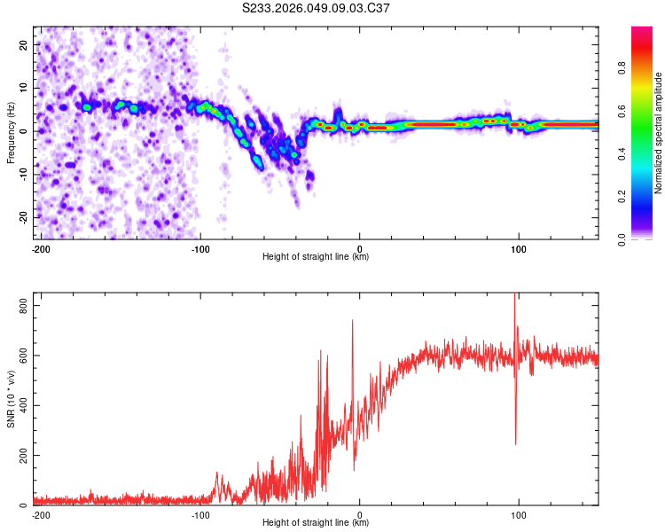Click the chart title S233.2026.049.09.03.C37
tap(317, 8)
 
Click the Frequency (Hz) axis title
tap(11, 133)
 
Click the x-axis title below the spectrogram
tap(316, 257)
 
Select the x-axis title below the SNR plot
tap(316, 523)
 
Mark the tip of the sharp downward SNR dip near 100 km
tap(516, 443)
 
